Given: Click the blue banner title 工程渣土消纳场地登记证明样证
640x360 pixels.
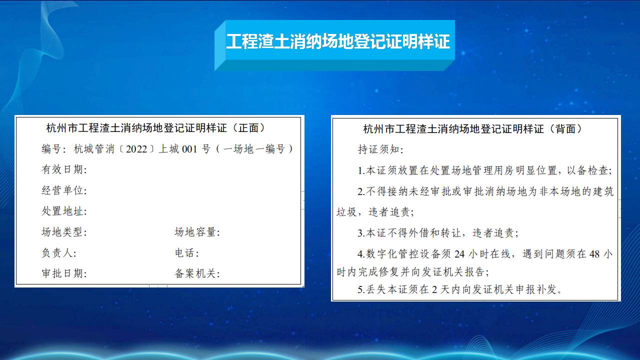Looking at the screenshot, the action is coord(338,41).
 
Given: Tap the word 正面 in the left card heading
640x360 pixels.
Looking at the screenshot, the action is coord(248,128).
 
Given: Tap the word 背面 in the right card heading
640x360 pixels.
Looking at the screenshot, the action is coord(565,129).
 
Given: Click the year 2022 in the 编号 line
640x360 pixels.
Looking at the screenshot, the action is coord(136,149).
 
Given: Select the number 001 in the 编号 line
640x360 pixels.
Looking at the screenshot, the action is coord(189,149).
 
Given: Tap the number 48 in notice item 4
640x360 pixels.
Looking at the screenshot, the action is coord(594,254).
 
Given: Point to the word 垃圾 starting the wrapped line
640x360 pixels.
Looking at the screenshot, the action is coord(346,212).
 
